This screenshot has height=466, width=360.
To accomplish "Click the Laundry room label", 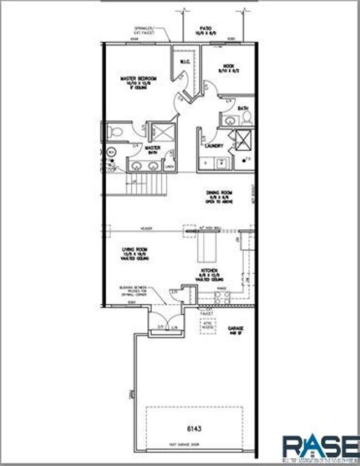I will point(214,146).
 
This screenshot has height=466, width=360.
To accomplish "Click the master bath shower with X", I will point(163,133).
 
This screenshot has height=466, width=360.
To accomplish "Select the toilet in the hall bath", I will point(247,117).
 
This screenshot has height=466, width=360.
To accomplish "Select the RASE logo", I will point(320,448).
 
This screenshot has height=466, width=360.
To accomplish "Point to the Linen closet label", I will point(169,166).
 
